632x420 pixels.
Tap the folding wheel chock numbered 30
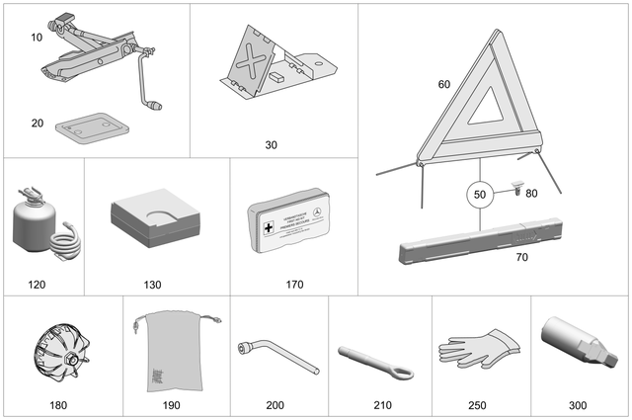click(x=261, y=65)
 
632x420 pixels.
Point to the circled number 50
click(x=479, y=195)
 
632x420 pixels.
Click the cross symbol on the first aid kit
click(x=268, y=228)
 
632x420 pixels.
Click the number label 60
click(x=443, y=84)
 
